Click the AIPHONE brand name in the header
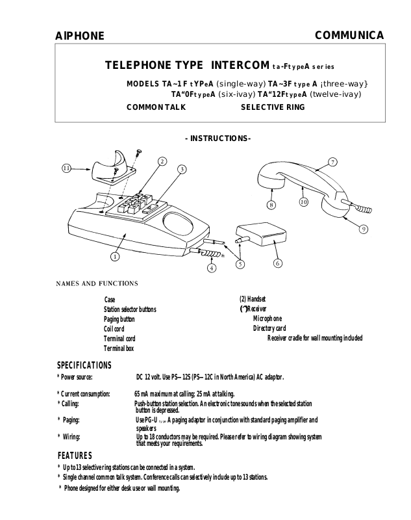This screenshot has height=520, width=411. [x=79, y=36]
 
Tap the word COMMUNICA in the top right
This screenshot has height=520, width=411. [x=349, y=35]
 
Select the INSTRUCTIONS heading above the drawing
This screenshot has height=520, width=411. [x=218, y=138]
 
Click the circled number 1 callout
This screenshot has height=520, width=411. [x=114, y=256]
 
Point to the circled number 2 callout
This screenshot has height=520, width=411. [x=162, y=161]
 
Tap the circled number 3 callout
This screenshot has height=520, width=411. [x=182, y=170]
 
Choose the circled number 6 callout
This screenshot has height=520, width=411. [x=277, y=263]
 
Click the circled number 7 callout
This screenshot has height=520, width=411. [x=332, y=161]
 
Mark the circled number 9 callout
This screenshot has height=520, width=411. [x=364, y=229]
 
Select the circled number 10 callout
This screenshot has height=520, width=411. [x=303, y=202]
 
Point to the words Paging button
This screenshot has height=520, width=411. [x=119, y=319]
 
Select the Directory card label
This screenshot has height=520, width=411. [x=269, y=328]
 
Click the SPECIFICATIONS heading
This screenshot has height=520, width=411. [x=84, y=365]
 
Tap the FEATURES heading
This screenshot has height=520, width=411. [x=75, y=455]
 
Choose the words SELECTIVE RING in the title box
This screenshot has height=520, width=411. [x=273, y=107]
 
